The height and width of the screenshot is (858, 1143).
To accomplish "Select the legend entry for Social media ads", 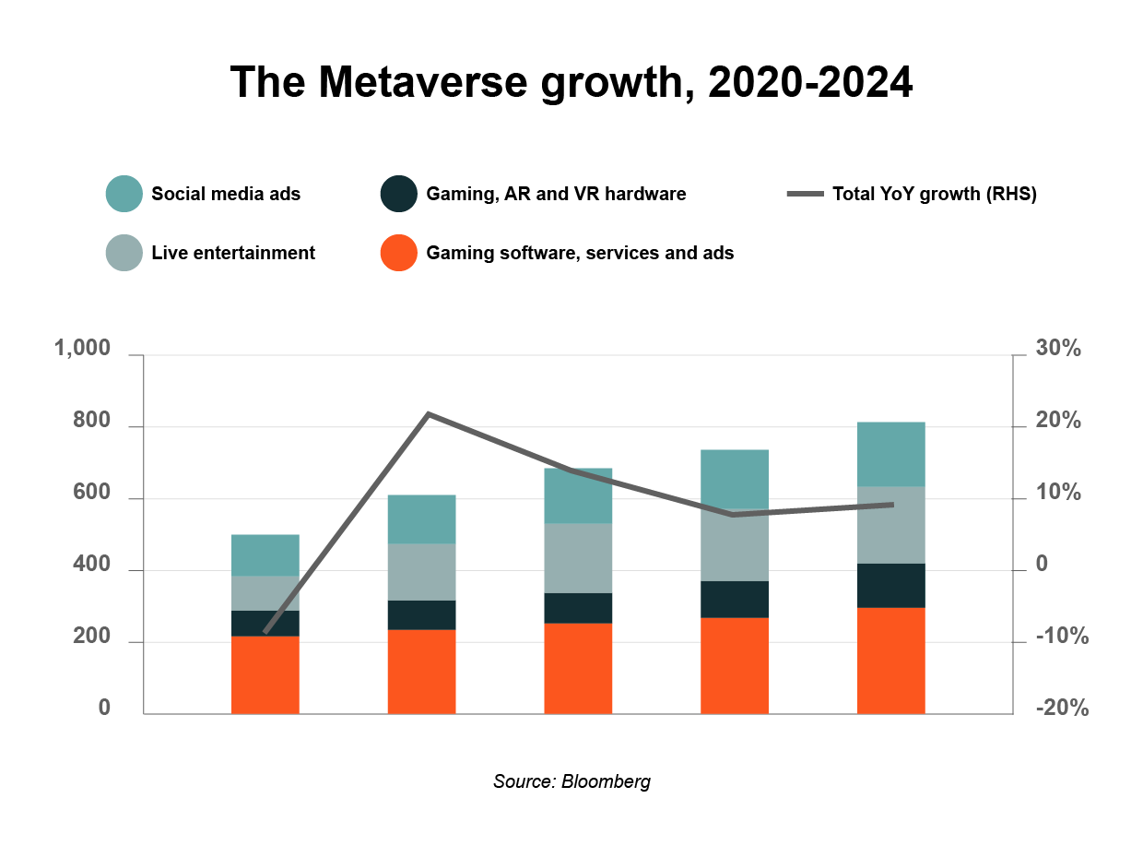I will (226, 194).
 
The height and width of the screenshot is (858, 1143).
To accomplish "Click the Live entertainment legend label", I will (233, 253).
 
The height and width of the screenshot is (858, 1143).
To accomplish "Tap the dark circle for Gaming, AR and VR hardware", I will (398, 194).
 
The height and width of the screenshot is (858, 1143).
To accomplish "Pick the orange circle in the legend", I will (398, 253).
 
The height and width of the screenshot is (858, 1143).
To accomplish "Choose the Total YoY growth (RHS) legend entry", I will (933, 194).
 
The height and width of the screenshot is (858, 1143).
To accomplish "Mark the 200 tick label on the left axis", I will (91, 637).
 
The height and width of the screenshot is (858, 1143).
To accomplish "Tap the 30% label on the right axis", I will (1058, 349).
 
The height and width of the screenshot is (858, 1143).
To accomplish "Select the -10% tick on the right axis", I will (1062, 637).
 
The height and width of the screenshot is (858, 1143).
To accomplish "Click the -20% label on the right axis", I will (1062, 709).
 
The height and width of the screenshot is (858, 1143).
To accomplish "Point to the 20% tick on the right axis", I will (1058, 421).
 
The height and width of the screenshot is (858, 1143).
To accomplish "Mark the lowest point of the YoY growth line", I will (265, 632).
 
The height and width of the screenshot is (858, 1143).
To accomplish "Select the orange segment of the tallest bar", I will (890, 660).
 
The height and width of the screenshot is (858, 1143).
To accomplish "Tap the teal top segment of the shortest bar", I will (265, 554).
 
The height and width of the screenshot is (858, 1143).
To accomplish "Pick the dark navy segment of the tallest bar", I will (890, 585).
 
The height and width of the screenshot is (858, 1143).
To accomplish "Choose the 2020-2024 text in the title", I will (810, 83).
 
